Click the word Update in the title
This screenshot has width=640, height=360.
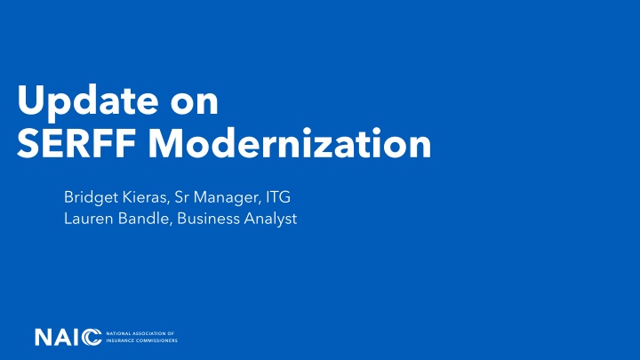pos(76,100)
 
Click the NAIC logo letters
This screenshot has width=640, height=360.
pos(68,337)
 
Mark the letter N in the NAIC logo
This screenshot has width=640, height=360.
pos(44,337)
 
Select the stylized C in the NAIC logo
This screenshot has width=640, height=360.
pos(92,337)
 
